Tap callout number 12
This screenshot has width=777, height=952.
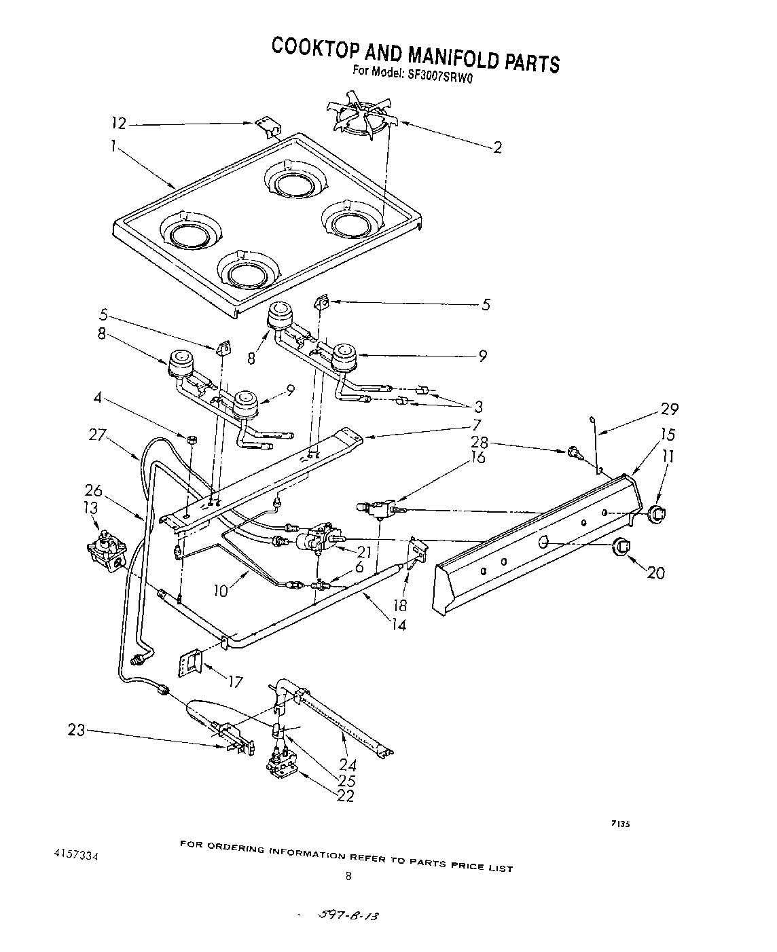tap(119, 123)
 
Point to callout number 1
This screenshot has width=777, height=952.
tap(113, 145)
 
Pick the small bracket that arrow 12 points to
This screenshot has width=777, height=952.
tap(268, 126)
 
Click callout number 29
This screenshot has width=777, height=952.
tap(669, 409)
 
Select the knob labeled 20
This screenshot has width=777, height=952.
tap(621, 546)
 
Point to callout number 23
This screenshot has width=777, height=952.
tap(77, 731)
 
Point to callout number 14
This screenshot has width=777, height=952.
tap(399, 625)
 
